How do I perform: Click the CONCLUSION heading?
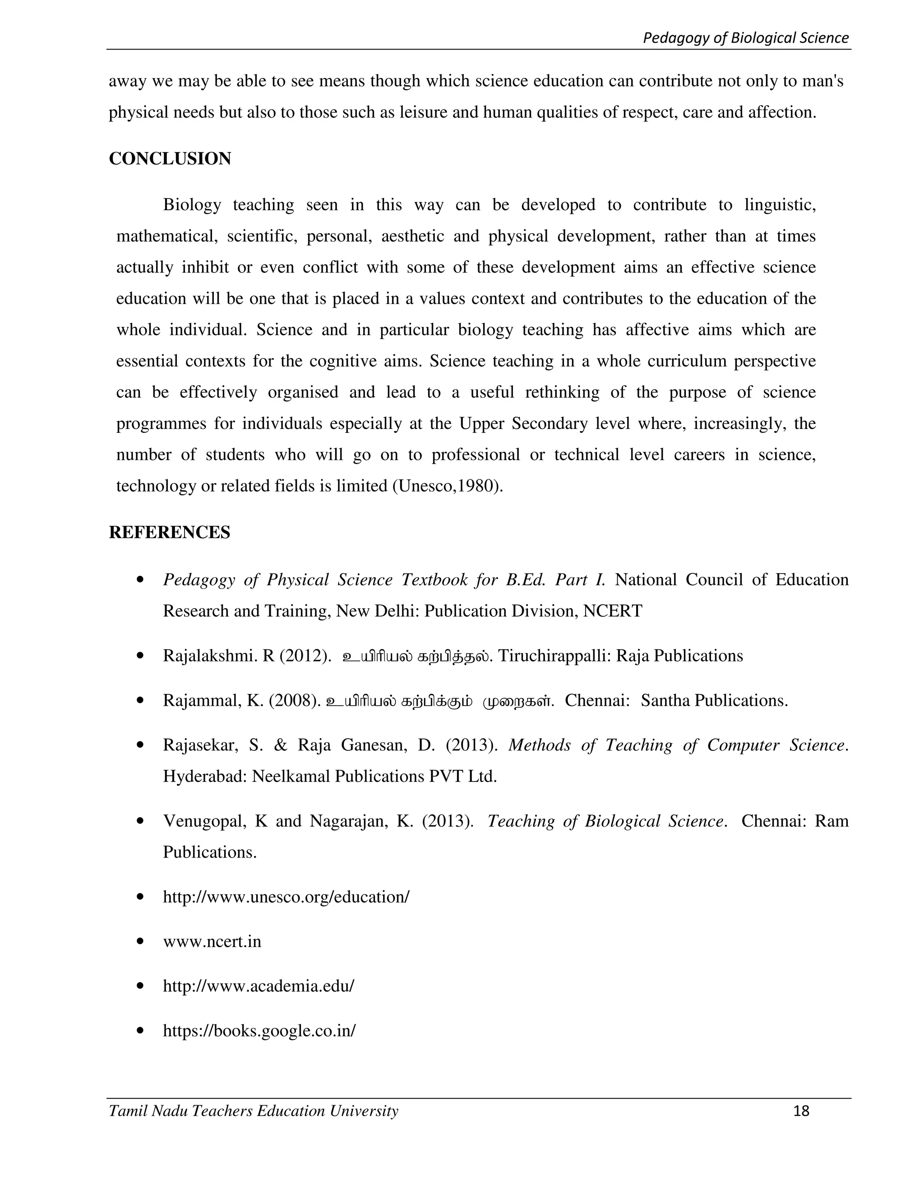(x=170, y=159)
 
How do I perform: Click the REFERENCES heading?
(x=169, y=533)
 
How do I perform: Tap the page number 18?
(x=801, y=1111)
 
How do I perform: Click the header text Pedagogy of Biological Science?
(x=745, y=38)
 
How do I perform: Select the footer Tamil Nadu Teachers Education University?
(x=254, y=1111)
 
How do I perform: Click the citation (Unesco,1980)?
(x=448, y=486)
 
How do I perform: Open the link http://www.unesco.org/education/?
(x=286, y=897)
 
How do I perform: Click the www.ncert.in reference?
(x=212, y=941)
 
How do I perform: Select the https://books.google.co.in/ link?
(x=259, y=1030)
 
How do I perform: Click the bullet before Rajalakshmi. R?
(x=141, y=656)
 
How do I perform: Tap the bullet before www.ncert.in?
(x=141, y=942)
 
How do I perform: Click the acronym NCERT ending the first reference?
(x=613, y=611)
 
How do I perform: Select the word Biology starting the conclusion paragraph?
(x=192, y=205)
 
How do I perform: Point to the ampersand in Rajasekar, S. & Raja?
(x=280, y=745)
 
